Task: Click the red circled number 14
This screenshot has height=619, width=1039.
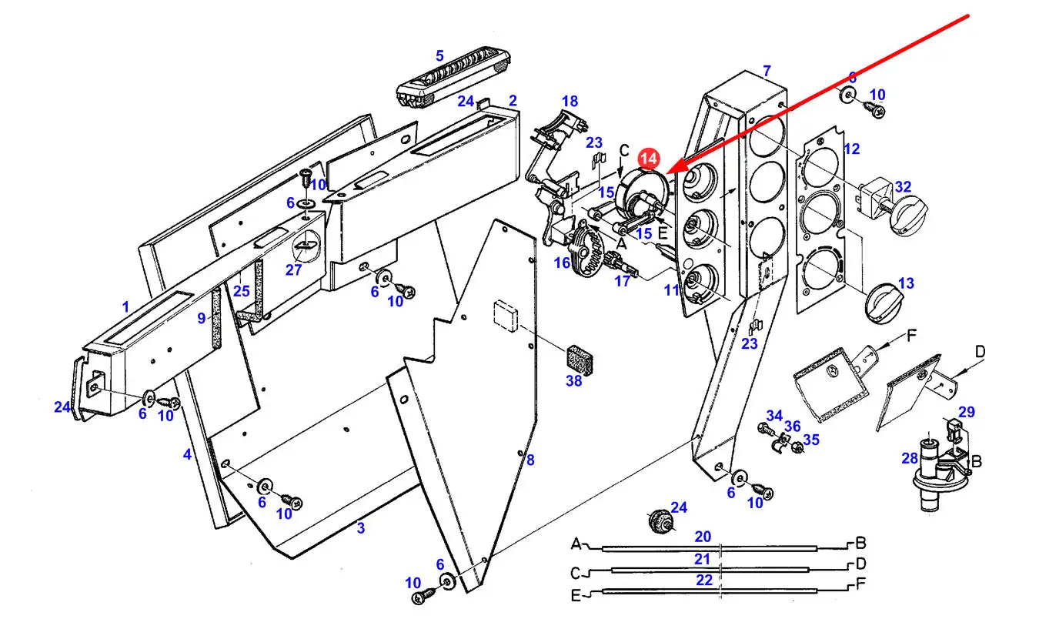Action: point(649,159)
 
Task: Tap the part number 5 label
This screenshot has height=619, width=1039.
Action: point(439,55)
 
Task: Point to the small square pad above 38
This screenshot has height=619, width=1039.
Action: point(505,315)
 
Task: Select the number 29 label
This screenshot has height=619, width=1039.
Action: point(967,413)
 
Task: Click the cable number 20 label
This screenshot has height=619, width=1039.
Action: point(703,536)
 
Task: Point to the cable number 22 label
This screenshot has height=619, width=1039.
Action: point(704,581)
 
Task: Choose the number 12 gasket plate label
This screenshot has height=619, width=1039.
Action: point(851,149)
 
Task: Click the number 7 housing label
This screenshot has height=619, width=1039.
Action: point(767,71)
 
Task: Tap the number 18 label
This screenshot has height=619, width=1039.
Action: point(570,101)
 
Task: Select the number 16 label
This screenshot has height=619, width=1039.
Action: point(562,263)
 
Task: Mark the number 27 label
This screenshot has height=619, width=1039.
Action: point(294,270)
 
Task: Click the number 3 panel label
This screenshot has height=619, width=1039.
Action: point(360,528)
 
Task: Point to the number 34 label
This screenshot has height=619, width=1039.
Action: point(773,417)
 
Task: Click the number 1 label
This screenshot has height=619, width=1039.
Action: point(125,307)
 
